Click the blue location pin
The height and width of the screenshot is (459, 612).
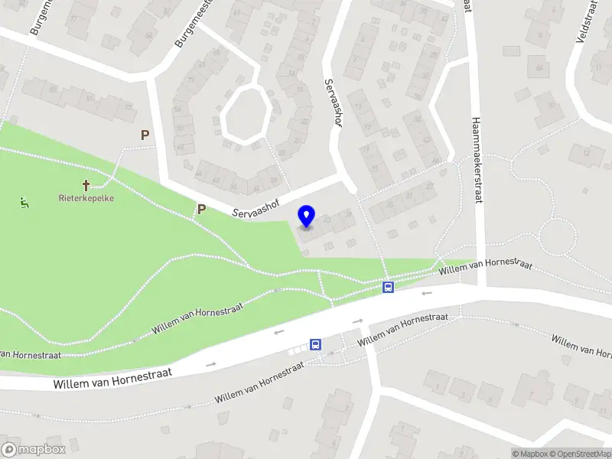[307, 216]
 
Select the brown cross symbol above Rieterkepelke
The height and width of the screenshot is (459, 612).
[86, 184]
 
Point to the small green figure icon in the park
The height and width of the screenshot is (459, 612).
[23, 203]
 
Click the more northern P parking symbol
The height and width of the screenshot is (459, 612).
[145, 135]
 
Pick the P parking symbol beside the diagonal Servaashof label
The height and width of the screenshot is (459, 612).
[202, 209]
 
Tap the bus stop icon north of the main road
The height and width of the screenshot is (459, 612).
[388, 288]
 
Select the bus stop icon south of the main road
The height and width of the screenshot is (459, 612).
[315, 345]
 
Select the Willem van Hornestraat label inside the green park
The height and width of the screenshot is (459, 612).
[197, 317]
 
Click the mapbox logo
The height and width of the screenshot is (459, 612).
[34, 450]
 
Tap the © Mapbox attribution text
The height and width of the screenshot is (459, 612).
[530, 454]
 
